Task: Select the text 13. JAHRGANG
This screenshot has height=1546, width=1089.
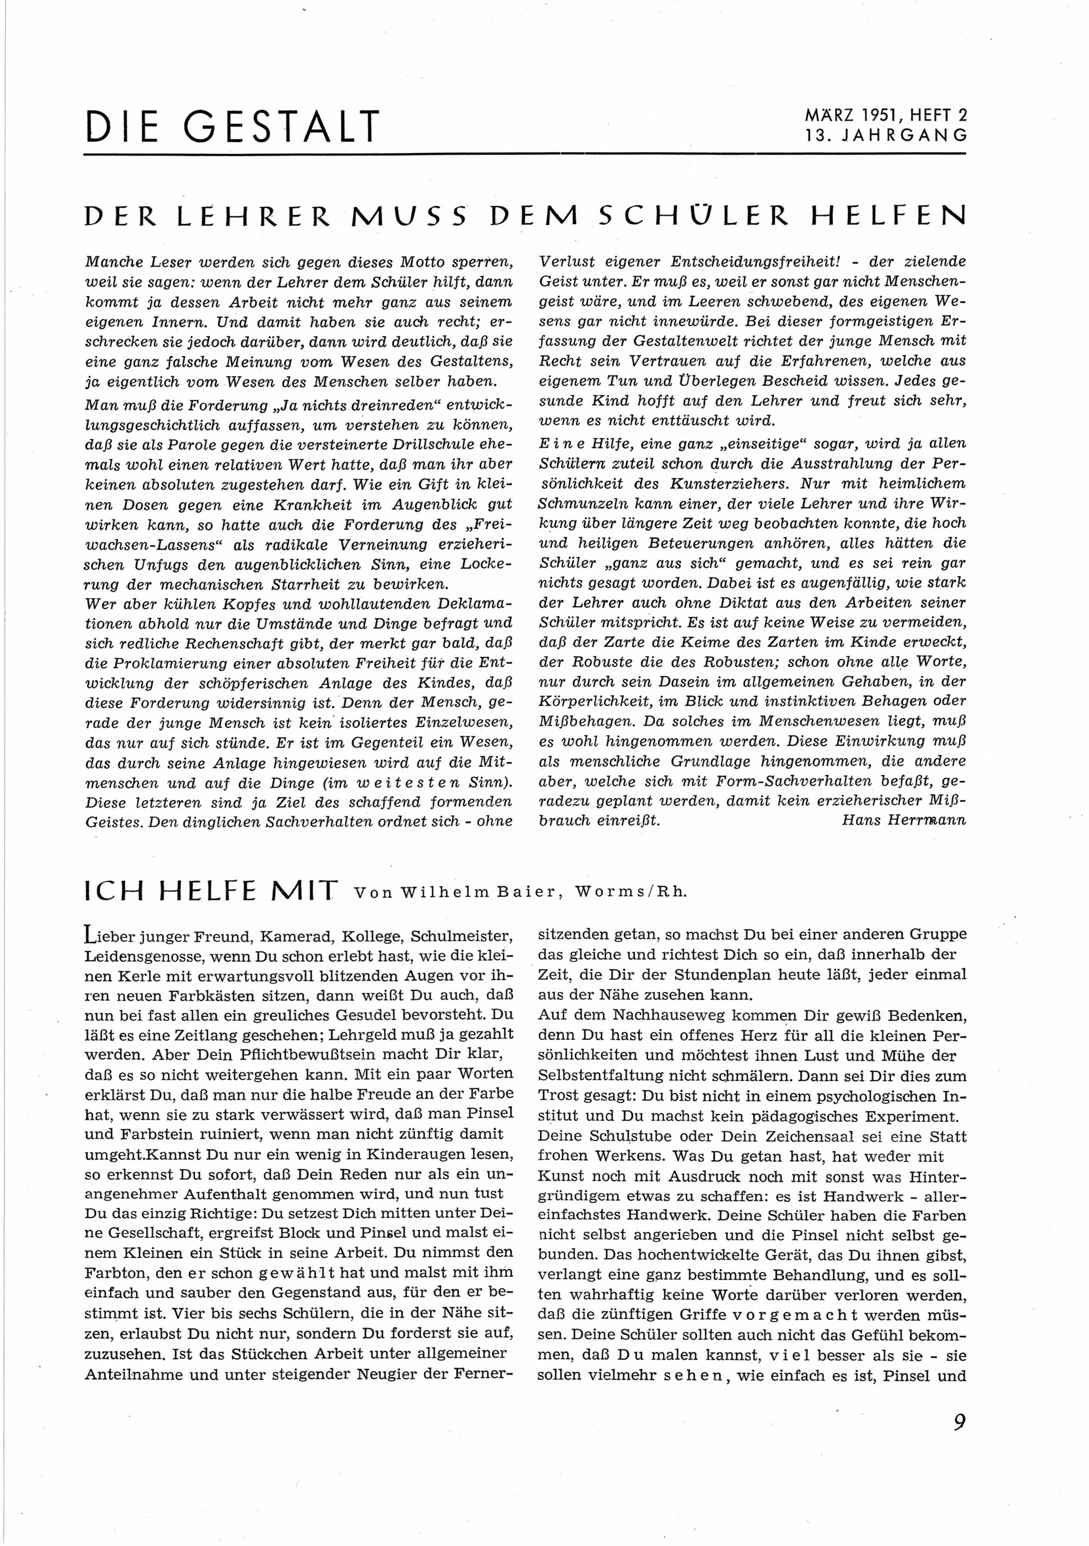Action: (886, 135)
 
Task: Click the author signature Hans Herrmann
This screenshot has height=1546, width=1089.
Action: (903, 820)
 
